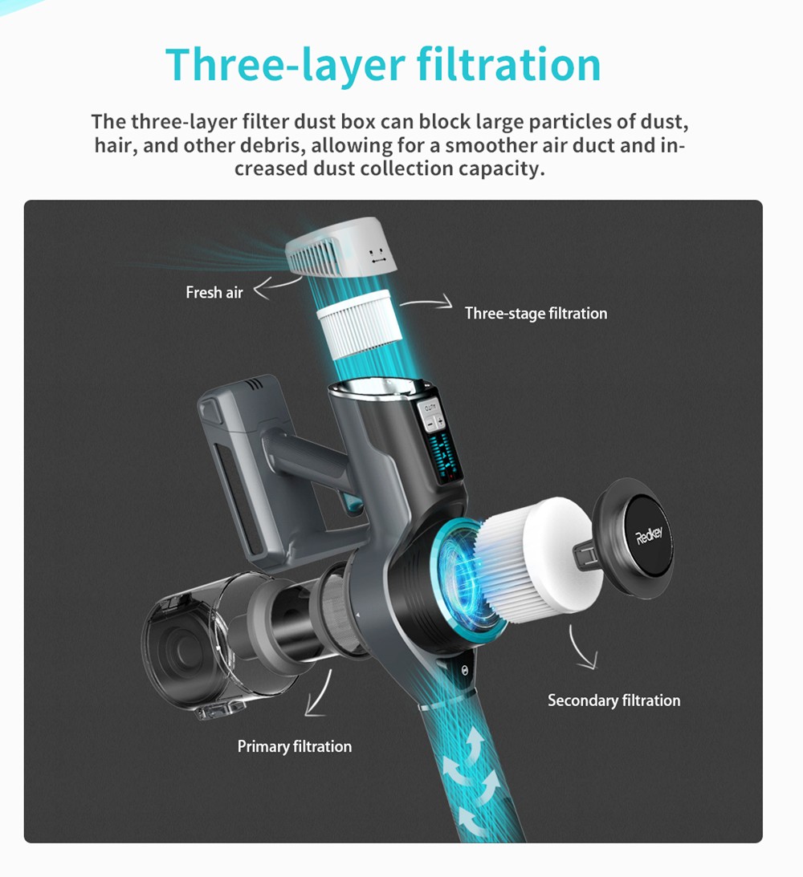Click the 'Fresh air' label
(214, 293)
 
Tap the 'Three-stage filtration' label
(536, 313)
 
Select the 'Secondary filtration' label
(613, 700)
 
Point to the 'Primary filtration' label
(294, 746)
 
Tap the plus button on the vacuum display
(439, 422)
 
